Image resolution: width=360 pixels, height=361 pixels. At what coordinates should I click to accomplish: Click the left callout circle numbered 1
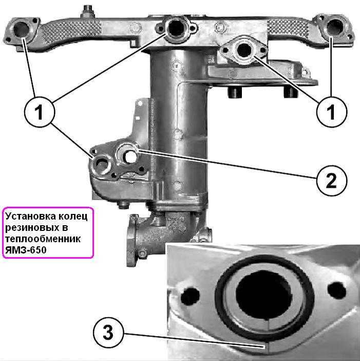click(x=40, y=112)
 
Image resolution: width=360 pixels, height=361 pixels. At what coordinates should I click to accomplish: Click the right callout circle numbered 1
click(x=331, y=112)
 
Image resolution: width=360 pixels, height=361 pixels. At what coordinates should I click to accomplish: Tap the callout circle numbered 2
click(x=331, y=180)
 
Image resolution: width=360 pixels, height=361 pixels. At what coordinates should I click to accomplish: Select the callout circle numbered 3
click(x=108, y=332)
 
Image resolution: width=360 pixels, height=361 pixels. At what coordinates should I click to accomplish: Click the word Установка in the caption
click(x=30, y=216)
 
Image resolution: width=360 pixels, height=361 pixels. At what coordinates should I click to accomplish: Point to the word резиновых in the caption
click(x=30, y=228)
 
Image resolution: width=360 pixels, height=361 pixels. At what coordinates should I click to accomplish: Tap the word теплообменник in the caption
click(x=43, y=239)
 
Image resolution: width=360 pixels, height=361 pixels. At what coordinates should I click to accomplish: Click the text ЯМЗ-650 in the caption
click(x=26, y=250)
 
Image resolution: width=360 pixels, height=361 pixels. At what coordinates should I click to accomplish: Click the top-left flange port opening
click(x=21, y=29)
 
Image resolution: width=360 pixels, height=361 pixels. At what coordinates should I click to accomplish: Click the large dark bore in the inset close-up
click(x=264, y=295)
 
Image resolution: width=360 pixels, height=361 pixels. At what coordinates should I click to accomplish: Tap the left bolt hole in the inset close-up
click(x=190, y=296)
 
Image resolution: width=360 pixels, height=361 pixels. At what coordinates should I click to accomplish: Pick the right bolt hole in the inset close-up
click(x=336, y=290)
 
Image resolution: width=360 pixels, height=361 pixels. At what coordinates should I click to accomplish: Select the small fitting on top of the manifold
click(x=88, y=11)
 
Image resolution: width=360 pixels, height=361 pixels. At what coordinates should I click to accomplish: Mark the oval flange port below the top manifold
click(x=243, y=50)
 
